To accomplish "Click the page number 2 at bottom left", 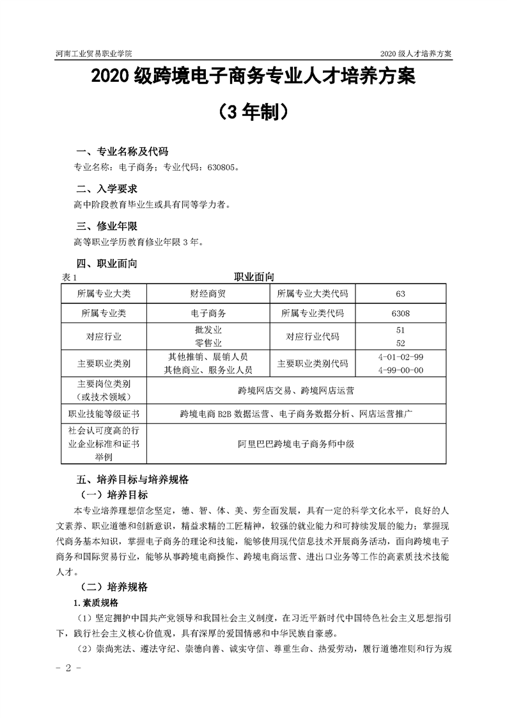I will (66, 668).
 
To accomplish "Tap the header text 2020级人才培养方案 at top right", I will (416, 54).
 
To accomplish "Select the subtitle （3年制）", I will (253, 112).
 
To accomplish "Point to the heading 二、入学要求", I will (106, 189).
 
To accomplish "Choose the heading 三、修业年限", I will (106, 227).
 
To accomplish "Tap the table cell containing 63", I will (401, 294).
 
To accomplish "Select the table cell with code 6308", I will (401, 314).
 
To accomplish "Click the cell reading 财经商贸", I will (208, 294).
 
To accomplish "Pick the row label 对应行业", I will (104, 336).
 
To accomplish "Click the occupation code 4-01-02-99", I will (401, 357).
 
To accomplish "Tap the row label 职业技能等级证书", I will (104, 413).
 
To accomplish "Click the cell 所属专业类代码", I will (313, 314).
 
